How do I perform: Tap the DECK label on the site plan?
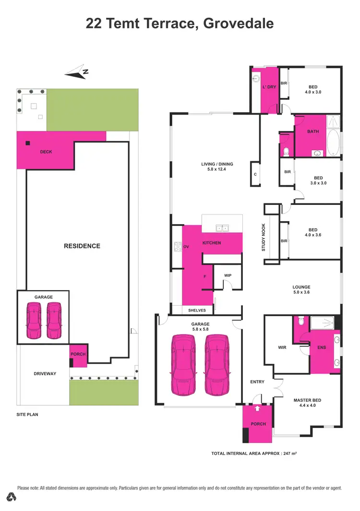point(46,152)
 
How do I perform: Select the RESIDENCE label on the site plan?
point(82,246)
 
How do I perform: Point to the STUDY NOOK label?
point(264,239)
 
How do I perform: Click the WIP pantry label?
point(228,275)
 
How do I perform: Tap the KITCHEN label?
point(212,243)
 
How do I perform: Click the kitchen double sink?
point(222,228)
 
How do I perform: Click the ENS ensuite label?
point(321,347)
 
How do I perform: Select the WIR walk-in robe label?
point(282,347)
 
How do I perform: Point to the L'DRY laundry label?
point(269,87)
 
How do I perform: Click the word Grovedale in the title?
point(239,23)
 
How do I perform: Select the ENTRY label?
point(257,382)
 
